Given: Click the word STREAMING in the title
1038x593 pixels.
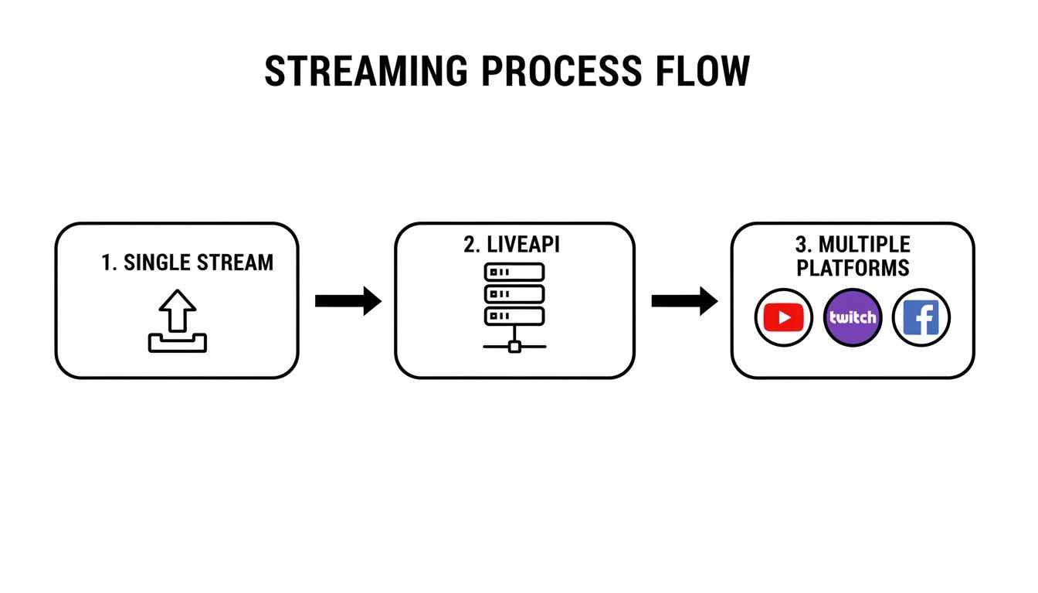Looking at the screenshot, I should (365, 72).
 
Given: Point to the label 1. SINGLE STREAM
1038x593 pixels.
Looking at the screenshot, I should (187, 263).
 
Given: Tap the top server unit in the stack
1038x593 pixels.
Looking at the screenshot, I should (514, 272).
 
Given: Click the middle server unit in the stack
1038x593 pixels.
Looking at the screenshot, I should (514, 293).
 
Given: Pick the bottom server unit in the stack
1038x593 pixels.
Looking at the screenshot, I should (514, 315).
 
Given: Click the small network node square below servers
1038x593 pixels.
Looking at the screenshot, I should (514, 347).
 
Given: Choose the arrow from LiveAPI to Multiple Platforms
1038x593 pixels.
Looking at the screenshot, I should (684, 300).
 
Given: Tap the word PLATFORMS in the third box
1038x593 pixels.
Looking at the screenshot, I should (853, 268).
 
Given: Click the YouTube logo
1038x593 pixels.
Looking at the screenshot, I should (784, 317).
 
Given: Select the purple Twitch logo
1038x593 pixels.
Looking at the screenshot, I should (853, 317).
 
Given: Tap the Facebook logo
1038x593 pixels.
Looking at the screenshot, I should (921, 317).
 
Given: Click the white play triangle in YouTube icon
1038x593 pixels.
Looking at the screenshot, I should (785, 317).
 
